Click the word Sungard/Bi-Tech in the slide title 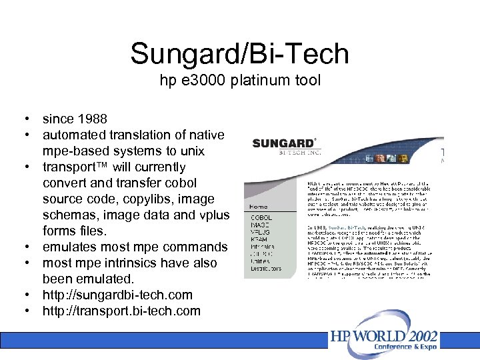[239, 53]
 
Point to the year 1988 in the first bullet [91, 119]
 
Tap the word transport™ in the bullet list [77, 167]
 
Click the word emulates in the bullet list [68, 247]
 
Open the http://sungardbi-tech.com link [117, 295]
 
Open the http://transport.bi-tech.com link [121, 311]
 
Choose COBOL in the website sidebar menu [261, 218]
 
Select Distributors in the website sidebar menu [265, 269]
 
